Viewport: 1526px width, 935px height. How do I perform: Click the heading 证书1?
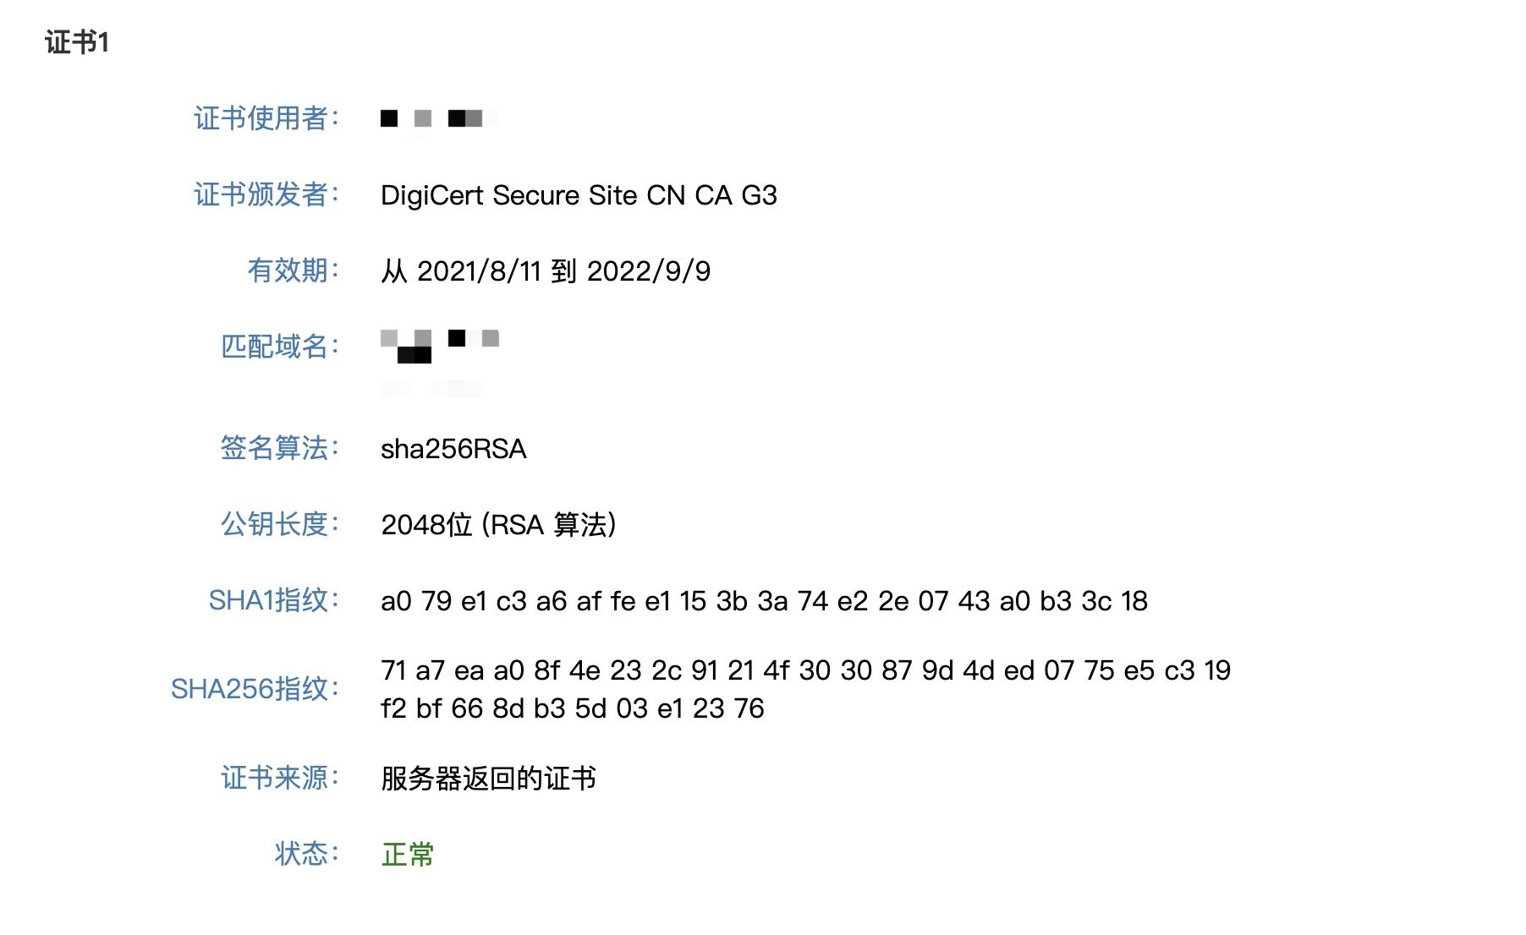[x=77, y=42]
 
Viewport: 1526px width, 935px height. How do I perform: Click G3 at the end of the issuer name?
[x=759, y=195]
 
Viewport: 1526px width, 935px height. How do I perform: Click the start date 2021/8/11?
[x=479, y=271]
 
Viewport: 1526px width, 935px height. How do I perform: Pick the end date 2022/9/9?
[x=649, y=271]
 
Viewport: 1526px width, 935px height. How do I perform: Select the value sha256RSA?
[x=453, y=449]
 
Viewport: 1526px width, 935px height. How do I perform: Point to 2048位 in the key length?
[x=426, y=525]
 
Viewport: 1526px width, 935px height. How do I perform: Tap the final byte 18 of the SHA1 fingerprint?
[x=1134, y=601]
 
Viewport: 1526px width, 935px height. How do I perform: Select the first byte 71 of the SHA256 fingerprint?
[x=394, y=670]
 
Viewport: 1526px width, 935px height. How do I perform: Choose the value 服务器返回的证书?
[x=488, y=779]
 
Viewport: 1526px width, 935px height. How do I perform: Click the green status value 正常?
[x=408, y=855]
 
